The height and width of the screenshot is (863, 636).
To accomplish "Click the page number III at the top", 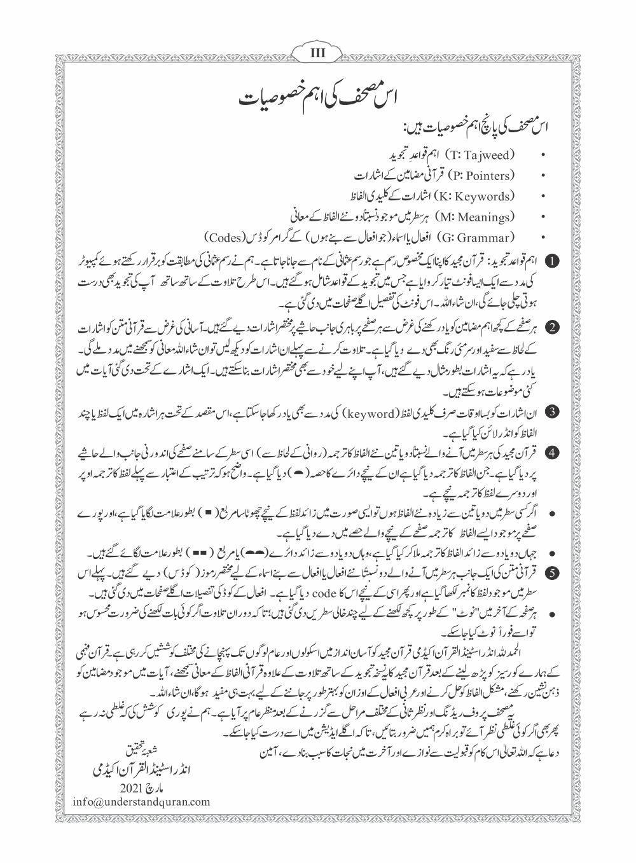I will click(317, 53).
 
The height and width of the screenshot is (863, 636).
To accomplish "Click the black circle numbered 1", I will click(553, 261).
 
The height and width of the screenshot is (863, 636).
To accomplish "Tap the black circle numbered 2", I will click(553, 328).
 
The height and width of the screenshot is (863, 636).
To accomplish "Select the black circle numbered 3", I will click(553, 411).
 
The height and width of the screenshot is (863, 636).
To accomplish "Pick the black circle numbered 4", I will click(553, 453).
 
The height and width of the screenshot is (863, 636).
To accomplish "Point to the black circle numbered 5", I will click(553, 572).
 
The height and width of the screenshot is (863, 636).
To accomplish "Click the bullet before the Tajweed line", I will click(542, 155).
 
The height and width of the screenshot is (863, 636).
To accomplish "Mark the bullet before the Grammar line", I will click(542, 238).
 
